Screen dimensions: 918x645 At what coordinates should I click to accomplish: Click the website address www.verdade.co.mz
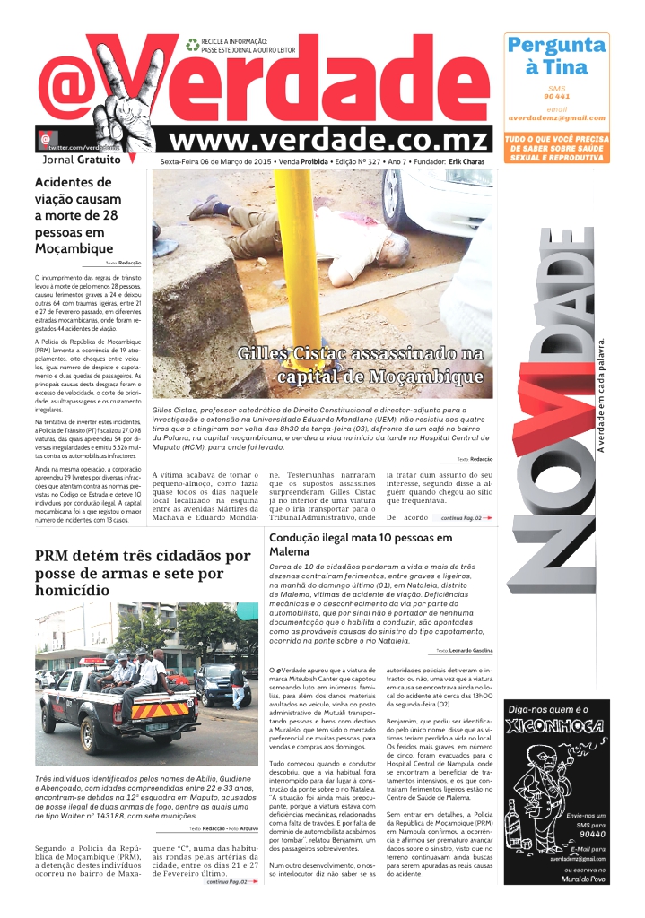point(329,140)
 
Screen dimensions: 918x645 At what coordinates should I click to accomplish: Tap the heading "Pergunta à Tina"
point(556,56)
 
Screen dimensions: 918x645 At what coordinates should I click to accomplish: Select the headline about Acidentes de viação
point(76,216)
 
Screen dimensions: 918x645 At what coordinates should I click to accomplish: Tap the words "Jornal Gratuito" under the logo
point(81,160)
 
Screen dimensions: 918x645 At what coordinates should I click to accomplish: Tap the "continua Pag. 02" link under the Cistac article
point(463,518)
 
